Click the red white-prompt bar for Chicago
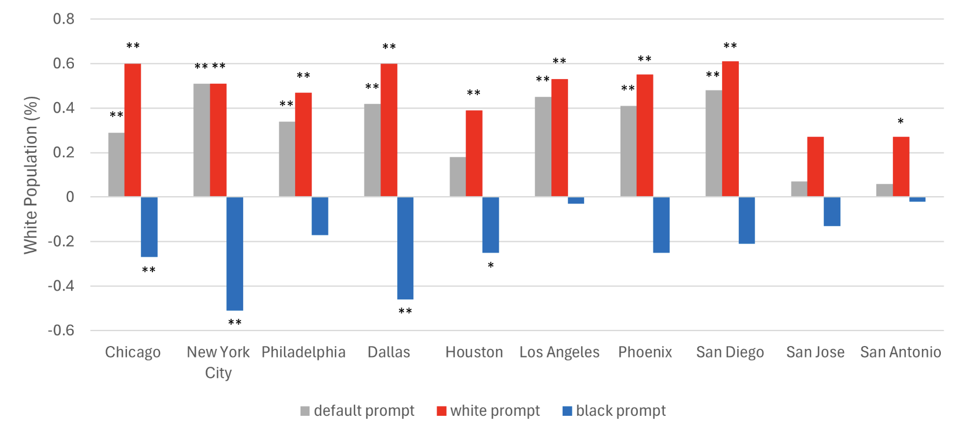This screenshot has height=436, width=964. [133, 130]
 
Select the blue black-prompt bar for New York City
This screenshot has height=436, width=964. [234, 254]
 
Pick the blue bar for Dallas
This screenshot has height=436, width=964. [405, 248]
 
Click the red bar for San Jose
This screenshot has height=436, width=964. [815, 167]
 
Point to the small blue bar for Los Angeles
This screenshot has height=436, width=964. [576, 200]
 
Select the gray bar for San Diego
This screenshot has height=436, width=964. [713, 144]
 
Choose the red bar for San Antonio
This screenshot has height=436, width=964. [901, 167]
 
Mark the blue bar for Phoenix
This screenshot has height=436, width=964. [661, 225]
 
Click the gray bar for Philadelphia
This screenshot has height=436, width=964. [287, 159]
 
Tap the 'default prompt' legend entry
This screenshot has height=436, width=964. [357, 411]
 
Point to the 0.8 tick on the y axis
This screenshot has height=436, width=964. [63, 19]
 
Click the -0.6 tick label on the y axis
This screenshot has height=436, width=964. [61, 330]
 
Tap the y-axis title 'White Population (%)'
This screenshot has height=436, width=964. [30, 175]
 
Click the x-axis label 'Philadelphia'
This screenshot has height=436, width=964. [304, 352]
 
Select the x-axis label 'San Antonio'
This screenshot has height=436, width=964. [901, 352]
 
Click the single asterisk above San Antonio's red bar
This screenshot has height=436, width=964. [901, 122]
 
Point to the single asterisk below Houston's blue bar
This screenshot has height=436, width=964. [491, 266]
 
